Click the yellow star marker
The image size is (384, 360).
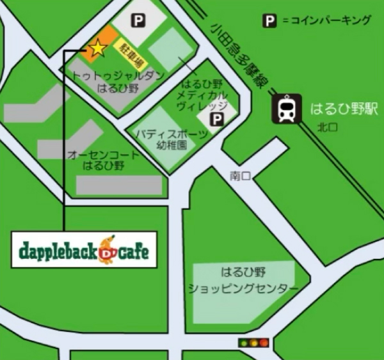point(97,47)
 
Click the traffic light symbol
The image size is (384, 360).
point(253,343)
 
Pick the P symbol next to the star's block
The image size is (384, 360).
point(138,21)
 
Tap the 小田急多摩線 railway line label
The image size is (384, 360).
point(241,54)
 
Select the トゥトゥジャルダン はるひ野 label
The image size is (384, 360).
point(118,82)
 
